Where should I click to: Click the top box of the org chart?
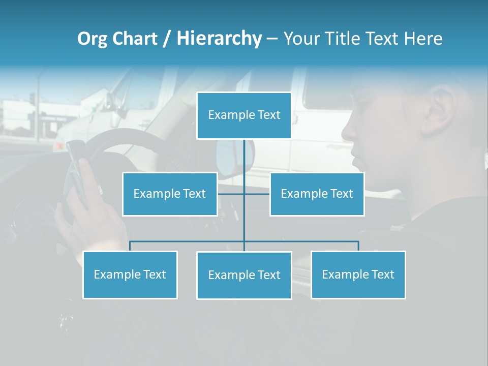[244, 115]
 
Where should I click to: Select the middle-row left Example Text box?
[170, 194]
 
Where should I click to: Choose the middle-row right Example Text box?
[317, 194]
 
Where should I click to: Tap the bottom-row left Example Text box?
[130, 274]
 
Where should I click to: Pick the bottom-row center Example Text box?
[244, 275]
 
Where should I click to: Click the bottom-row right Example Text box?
[358, 274]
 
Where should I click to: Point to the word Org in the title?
[92, 39]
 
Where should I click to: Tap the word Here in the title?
[423, 39]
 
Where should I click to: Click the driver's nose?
[349, 132]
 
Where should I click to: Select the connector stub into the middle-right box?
[257, 194]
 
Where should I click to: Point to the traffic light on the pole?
[32, 98]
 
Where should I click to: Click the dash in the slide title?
[272, 39]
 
